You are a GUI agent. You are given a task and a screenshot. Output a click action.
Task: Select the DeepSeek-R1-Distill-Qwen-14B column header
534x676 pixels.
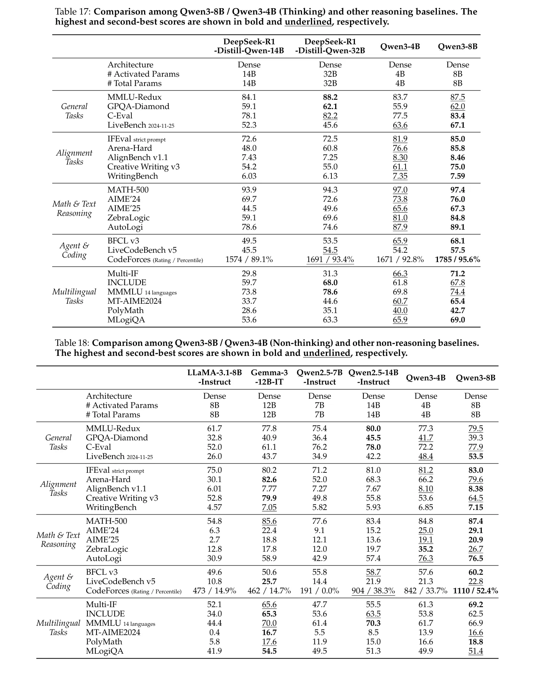[249, 46]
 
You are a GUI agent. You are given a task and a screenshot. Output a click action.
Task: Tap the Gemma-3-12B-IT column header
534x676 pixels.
[269, 377]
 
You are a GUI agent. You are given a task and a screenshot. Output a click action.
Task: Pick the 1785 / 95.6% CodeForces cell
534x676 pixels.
[457, 259]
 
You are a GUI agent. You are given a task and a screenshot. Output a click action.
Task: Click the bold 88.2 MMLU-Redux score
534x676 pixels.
[330, 97]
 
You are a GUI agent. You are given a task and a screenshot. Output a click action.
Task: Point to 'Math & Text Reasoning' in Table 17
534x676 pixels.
[74, 208]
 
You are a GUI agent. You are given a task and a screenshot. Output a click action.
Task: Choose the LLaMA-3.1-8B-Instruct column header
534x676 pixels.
[214, 377]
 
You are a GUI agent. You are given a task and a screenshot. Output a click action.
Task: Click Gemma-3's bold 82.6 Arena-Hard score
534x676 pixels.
[269, 479]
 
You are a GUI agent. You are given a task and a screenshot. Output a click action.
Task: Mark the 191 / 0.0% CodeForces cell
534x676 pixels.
[320, 591]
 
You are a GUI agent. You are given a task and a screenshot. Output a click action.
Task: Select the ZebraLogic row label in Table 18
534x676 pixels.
[107, 549]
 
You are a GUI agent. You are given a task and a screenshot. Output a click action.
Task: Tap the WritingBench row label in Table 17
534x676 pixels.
[133, 176]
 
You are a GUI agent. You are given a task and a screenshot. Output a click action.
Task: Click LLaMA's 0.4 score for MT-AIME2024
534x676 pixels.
[214, 632]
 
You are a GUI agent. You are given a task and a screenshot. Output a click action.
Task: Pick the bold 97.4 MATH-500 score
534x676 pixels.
[457, 190]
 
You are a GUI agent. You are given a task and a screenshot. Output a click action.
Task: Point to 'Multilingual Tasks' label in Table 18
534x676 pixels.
[58, 628]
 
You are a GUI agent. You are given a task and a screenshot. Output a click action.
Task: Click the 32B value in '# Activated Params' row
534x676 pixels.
[330, 74]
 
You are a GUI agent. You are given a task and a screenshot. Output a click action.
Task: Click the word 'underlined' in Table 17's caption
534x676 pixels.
[308, 22]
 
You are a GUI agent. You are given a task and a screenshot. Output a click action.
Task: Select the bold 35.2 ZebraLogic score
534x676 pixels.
[426, 549]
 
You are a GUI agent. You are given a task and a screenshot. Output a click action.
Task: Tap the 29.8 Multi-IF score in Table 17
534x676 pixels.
[249, 274]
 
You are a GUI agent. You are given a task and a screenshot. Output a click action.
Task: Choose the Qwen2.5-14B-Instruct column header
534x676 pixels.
[373, 377]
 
